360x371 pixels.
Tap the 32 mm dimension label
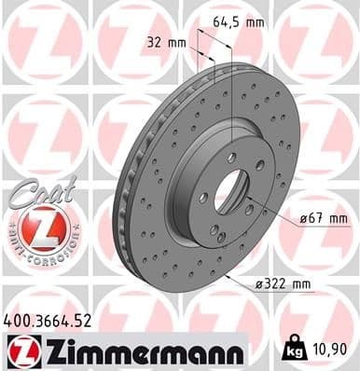(169, 42)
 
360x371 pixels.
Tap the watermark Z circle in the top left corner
(37, 37)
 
